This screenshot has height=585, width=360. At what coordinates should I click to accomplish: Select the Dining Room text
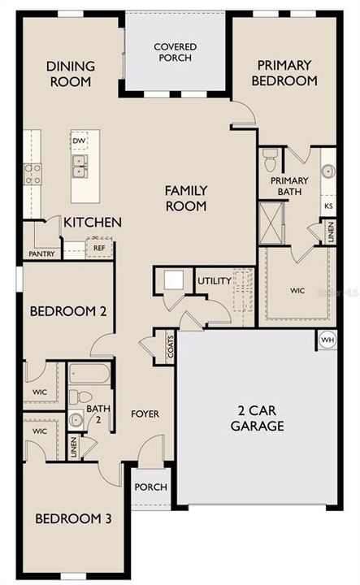click(69, 74)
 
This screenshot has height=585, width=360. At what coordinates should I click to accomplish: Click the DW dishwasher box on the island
click(79, 141)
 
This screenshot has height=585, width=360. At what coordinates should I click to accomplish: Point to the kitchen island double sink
click(80, 167)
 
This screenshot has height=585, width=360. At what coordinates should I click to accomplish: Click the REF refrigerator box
click(99, 249)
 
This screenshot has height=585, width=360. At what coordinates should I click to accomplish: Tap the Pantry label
click(41, 253)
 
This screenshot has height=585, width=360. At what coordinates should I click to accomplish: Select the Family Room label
click(186, 198)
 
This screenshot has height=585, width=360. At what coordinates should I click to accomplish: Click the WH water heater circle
click(327, 340)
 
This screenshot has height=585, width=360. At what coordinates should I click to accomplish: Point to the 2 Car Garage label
click(257, 418)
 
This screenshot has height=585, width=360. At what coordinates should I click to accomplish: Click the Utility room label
click(214, 281)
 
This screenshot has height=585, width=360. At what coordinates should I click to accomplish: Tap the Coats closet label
click(169, 346)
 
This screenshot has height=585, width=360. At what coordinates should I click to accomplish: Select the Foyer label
click(145, 414)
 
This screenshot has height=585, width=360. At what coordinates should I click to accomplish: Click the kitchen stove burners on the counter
click(33, 174)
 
